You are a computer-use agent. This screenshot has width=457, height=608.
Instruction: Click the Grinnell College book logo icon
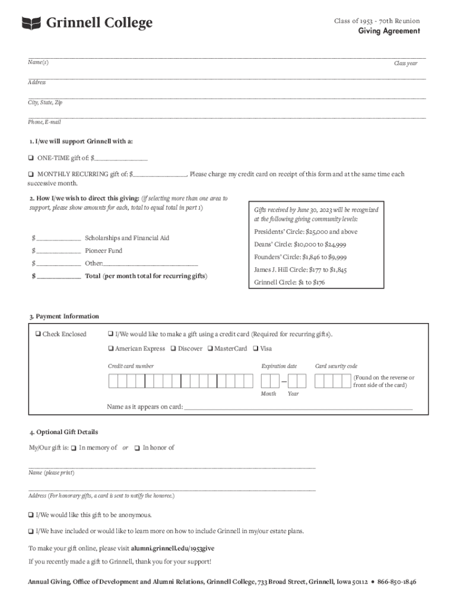(31, 23)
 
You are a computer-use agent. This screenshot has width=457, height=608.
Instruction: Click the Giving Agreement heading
(388, 31)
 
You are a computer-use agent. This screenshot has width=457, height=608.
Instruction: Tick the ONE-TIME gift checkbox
(31, 158)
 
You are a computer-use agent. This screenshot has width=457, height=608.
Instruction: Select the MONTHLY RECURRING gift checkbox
(31, 175)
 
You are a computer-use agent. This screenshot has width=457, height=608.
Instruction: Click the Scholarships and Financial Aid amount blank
(59, 237)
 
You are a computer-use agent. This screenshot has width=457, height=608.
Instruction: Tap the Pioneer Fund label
(103, 251)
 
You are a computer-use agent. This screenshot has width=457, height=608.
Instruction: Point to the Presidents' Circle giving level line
(306, 232)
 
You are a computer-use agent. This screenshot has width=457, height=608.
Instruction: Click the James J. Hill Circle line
(300, 270)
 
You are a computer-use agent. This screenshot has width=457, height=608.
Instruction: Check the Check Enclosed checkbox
(38, 334)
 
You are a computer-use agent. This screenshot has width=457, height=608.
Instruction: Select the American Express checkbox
(111, 349)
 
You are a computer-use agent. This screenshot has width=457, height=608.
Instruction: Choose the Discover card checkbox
(173, 349)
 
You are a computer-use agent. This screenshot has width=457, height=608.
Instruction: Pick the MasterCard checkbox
(210, 349)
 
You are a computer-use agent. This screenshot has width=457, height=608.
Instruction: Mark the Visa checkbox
(256, 349)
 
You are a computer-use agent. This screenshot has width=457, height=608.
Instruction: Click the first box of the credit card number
(113, 381)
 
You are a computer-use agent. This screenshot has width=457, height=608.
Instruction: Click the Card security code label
(336, 366)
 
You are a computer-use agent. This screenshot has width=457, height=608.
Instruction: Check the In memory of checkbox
(74, 448)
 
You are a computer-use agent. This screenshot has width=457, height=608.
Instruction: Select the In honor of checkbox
(137, 448)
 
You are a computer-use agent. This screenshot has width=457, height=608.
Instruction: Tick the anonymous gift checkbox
(31, 515)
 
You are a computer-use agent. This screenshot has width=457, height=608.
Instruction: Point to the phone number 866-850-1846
(396, 582)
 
